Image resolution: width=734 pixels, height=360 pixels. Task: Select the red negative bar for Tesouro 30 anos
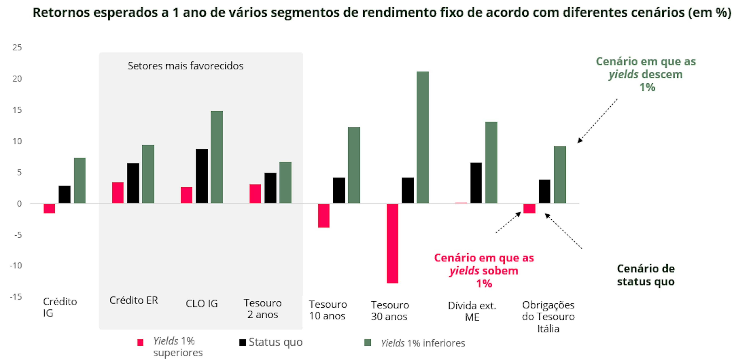pyautogui.click(x=392, y=243)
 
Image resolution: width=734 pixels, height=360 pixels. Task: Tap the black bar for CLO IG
pyautogui.click(x=202, y=176)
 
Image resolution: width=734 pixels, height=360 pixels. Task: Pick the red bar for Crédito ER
pyautogui.click(x=118, y=193)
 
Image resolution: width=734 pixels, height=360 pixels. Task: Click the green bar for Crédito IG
pyautogui.click(x=80, y=181)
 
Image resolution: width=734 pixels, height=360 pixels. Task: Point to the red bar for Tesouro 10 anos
pyautogui.click(x=324, y=216)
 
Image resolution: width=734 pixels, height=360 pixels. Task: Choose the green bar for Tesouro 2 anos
pyautogui.click(x=285, y=182)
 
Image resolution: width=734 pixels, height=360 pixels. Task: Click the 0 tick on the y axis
pyautogui.click(x=19, y=204)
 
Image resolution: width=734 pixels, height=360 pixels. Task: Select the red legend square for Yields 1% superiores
pyautogui.click(x=140, y=342)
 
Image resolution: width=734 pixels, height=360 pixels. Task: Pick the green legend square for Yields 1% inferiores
pyautogui.click(x=368, y=343)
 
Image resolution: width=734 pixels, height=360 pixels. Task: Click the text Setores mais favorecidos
pyautogui.click(x=185, y=66)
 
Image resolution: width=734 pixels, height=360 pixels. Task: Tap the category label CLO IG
pyautogui.click(x=202, y=304)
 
